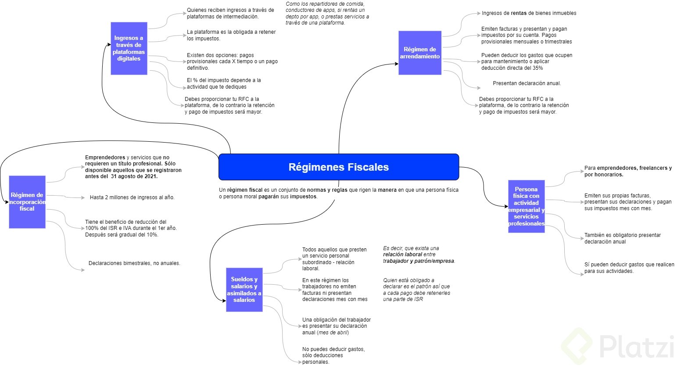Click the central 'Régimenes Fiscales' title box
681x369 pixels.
[x=338, y=167]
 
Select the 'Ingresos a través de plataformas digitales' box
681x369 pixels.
[x=129, y=48]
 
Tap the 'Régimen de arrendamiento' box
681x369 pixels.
[x=419, y=53]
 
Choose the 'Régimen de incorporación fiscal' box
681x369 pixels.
[x=27, y=202]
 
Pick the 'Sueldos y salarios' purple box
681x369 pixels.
[x=244, y=290]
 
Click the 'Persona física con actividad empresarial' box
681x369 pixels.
[x=526, y=206]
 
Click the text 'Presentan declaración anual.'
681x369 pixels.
[x=527, y=83]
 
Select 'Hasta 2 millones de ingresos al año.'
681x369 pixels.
[x=132, y=197]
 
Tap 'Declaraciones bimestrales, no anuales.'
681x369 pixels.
[x=134, y=263]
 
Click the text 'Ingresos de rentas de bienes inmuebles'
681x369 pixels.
[x=529, y=13]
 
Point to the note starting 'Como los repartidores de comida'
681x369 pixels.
[x=327, y=13]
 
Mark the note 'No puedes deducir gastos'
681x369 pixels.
[x=333, y=355]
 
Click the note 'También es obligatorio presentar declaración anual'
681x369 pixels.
[x=622, y=238]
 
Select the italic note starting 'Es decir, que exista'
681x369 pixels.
[x=419, y=254]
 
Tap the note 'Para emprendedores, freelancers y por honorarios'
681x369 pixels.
[x=628, y=171]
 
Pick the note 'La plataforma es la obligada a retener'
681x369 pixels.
[x=231, y=35]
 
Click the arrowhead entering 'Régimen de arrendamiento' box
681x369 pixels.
[x=396, y=64]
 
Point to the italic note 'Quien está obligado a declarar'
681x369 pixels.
[x=416, y=290]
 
